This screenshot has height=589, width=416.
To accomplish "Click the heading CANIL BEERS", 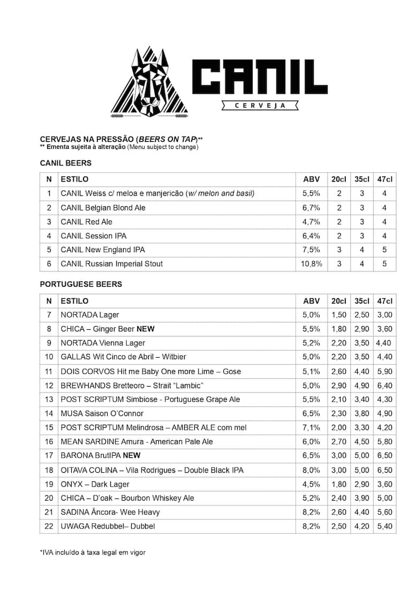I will click(x=65, y=163).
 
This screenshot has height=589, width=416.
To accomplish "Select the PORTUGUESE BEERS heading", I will click(x=81, y=284).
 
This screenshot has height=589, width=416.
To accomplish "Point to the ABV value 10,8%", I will click(x=311, y=264).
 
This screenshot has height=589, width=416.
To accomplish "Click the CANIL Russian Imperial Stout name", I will click(x=111, y=264).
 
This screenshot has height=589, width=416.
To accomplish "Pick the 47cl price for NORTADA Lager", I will click(x=384, y=315).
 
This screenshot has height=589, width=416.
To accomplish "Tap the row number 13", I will click(x=49, y=399).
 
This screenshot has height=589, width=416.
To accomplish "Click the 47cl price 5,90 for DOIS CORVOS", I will click(x=384, y=372).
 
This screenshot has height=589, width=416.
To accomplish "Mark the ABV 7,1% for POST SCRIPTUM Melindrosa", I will click(x=311, y=428).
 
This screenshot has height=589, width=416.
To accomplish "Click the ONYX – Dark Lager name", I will click(x=95, y=484).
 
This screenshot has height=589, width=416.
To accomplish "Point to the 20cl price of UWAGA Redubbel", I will click(x=339, y=526).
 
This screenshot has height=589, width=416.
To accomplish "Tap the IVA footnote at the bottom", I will click(x=92, y=553).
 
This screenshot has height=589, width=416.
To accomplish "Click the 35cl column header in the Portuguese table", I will click(x=362, y=301).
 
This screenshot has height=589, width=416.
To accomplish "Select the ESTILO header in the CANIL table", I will click(x=74, y=179).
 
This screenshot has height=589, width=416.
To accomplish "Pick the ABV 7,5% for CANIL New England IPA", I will click(x=311, y=250).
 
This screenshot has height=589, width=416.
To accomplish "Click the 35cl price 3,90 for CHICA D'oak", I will click(x=362, y=498).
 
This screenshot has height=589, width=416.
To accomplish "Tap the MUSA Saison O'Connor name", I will click(x=102, y=413).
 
